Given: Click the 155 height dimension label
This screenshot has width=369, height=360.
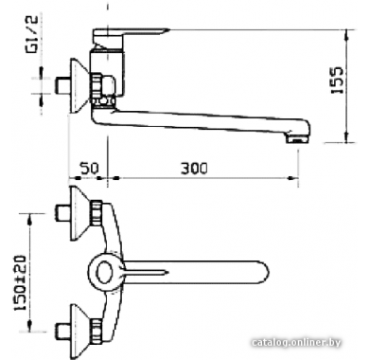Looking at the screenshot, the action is [337, 80].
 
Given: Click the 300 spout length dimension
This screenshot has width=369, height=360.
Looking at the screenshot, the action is [194, 169].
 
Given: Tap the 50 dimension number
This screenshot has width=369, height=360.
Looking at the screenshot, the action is [89, 169].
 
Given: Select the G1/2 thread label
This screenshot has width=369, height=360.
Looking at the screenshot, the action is [32, 34].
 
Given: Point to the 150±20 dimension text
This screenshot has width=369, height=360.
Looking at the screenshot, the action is [20, 282].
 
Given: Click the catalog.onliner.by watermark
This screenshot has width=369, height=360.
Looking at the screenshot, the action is [296, 342].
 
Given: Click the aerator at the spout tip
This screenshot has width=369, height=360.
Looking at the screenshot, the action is [296, 138].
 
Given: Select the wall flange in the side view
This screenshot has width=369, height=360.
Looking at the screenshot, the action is [79, 85].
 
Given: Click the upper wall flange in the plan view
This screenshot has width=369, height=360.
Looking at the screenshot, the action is [79, 213].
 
